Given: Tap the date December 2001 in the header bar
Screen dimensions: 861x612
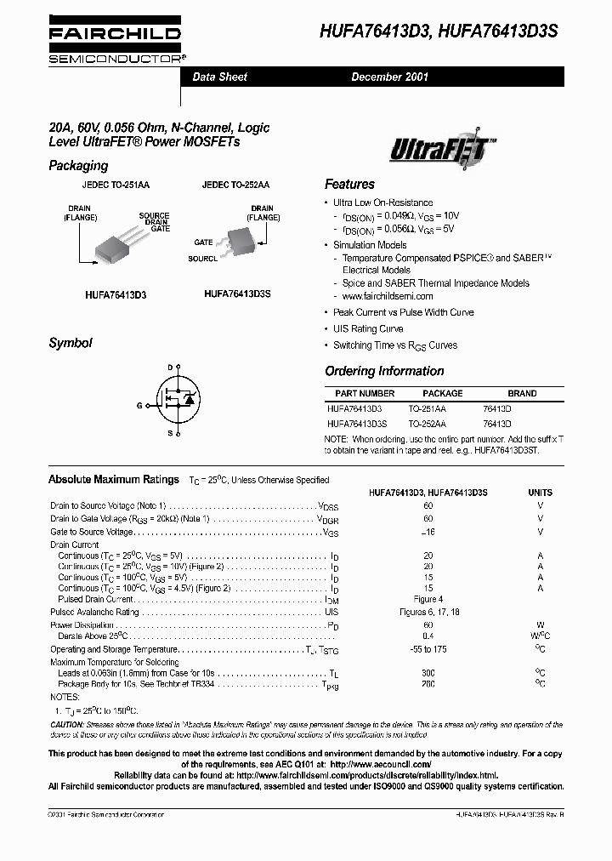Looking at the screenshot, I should click(x=390, y=77).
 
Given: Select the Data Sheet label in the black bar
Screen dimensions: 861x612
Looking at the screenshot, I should click(x=219, y=77).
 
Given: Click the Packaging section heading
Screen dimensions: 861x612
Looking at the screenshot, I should click(x=78, y=166).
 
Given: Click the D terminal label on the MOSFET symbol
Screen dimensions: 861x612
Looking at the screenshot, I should click(x=169, y=367).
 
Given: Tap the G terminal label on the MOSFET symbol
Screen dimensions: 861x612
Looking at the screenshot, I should click(x=139, y=406).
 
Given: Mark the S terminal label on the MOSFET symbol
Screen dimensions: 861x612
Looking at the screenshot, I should click(x=169, y=434).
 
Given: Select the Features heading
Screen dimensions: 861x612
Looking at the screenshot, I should click(x=349, y=184).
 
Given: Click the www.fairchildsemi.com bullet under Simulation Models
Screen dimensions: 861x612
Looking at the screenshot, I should click(x=388, y=296).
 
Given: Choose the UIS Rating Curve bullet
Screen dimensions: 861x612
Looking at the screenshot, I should click(x=368, y=328).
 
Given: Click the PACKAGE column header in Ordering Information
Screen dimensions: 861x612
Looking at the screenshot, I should click(x=442, y=393).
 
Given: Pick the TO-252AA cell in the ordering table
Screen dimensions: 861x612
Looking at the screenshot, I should click(x=427, y=423).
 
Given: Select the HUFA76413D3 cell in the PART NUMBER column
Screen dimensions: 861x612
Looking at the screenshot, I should click(x=354, y=408).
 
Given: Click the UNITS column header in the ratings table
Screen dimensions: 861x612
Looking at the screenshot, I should click(x=540, y=493).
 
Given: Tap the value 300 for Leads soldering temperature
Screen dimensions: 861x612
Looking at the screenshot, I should click(x=428, y=673).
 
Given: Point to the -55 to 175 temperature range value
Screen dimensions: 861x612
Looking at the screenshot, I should click(x=428, y=649).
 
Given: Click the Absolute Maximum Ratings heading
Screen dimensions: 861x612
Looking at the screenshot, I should click(x=114, y=480).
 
